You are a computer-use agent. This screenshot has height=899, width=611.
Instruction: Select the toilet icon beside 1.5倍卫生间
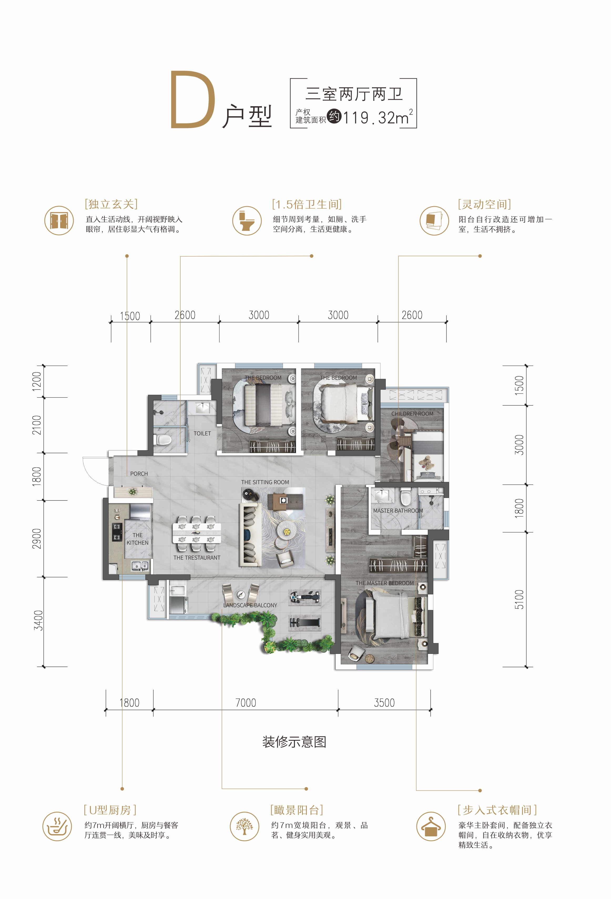click(x=247, y=220)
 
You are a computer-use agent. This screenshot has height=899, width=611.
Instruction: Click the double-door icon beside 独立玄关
click(x=59, y=220)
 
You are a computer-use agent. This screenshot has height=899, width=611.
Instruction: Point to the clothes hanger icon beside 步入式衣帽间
click(x=431, y=826)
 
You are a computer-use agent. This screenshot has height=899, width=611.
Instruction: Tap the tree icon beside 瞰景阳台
click(x=245, y=826)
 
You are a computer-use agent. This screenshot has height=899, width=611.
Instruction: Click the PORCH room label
click(x=139, y=473)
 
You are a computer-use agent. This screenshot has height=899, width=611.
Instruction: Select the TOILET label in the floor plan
click(x=202, y=433)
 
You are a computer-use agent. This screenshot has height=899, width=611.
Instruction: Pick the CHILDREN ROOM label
click(x=412, y=413)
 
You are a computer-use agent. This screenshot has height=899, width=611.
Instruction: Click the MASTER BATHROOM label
click(x=398, y=511)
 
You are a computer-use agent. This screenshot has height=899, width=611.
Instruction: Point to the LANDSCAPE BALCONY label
click(x=250, y=605)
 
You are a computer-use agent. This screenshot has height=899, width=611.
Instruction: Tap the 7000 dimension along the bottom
click(x=246, y=703)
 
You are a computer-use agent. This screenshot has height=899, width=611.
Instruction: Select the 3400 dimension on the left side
click(x=38, y=620)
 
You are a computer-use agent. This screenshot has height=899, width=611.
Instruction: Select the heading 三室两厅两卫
click(x=354, y=94)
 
